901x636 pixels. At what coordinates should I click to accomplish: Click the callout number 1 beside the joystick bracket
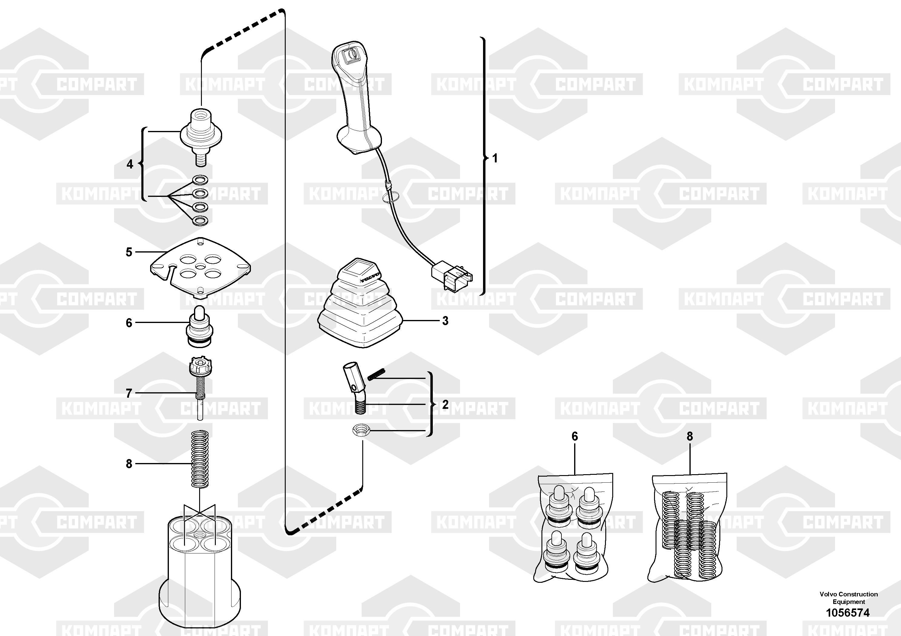(495, 158)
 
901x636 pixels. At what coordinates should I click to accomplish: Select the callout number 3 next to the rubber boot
(445, 321)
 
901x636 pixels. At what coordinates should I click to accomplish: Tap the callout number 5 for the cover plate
(129, 252)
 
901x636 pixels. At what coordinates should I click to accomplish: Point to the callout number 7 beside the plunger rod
(129, 393)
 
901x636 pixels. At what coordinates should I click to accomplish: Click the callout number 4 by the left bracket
(130, 164)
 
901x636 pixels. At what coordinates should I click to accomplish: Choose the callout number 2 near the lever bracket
(445, 405)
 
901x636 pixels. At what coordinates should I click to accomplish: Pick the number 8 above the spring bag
(690, 436)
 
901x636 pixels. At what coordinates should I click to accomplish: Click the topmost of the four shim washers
(200, 180)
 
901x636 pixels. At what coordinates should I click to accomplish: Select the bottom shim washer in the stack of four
(200, 221)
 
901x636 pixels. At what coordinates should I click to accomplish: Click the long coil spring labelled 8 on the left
(200, 459)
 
